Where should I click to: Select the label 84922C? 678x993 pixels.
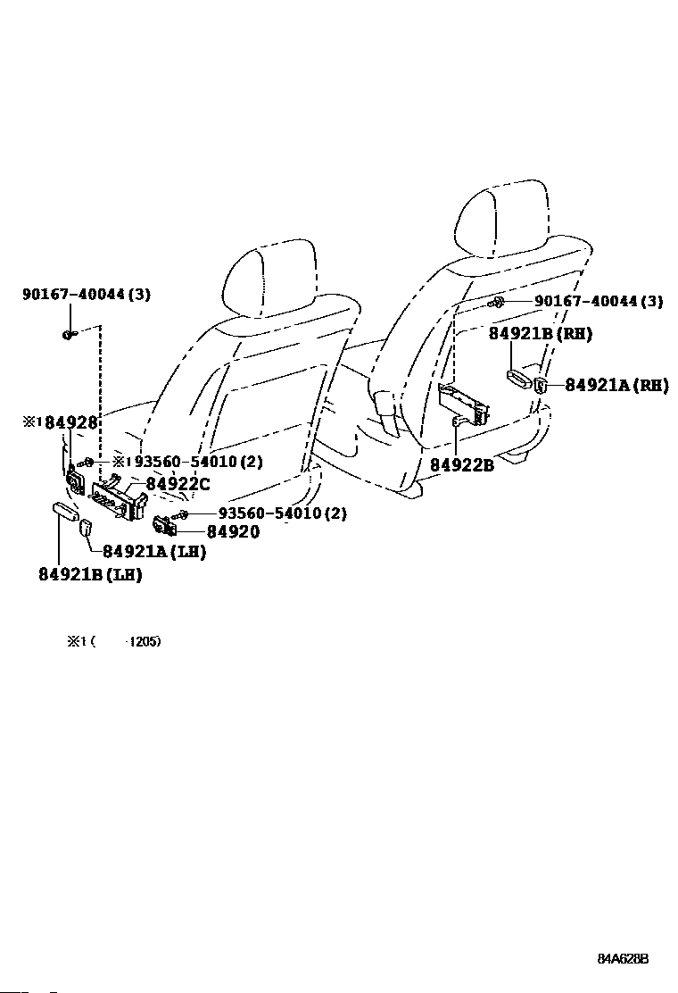178,484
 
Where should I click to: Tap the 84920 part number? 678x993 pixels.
234,532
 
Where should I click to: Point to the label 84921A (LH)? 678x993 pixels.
154,552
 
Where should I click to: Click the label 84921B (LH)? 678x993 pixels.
90,574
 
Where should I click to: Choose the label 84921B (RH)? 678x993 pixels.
541,334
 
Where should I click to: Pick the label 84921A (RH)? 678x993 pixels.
616,385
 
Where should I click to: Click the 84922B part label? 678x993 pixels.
462,465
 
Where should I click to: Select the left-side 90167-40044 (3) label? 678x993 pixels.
87,295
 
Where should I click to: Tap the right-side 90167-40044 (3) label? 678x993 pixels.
599,301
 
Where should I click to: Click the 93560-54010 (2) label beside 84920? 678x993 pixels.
283,513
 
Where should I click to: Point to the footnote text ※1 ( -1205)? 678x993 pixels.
114,641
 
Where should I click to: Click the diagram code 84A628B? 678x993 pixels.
623,959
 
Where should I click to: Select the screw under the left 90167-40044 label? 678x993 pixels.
70,334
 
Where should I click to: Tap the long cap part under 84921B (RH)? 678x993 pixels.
520,378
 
